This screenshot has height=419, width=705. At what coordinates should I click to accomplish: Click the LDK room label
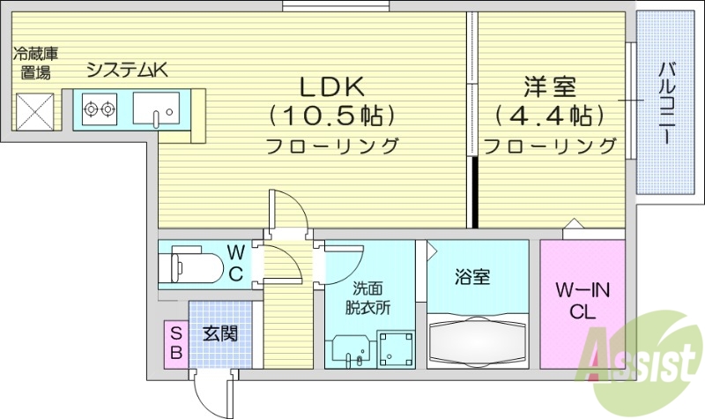[333, 87]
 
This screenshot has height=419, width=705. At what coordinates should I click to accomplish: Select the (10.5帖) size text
[332, 116]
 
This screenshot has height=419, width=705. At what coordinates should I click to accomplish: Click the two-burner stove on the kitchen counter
[100, 110]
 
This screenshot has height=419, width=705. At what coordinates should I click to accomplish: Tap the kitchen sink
[157, 109]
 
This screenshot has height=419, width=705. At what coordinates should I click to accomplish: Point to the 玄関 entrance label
[219, 334]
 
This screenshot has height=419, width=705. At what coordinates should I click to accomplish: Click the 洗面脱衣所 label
[370, 297]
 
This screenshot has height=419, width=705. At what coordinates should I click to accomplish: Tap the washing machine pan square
[395, 349]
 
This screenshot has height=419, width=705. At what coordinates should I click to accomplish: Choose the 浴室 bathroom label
[472, 277]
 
